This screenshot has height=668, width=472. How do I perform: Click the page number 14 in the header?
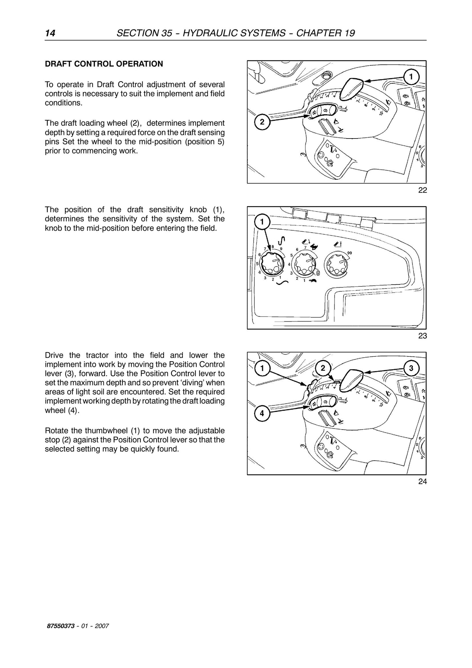click(x=50, y=33)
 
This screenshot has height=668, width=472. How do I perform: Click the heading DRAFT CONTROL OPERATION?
click(x=104, y=64)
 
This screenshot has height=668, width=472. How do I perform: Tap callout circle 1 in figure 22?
click(x=411, y=77)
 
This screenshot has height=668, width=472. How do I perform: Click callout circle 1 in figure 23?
click(x=262, y=222)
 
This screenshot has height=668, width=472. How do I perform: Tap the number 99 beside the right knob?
click(x=350, y=253)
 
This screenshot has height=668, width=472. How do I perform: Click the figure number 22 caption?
click(x=422, y=190)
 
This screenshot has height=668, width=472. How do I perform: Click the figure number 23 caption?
click(x=422, y=336)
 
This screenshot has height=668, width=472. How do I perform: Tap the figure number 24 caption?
click(x=422, y=481)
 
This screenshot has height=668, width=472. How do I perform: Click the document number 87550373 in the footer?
click(x=60, y=626)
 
